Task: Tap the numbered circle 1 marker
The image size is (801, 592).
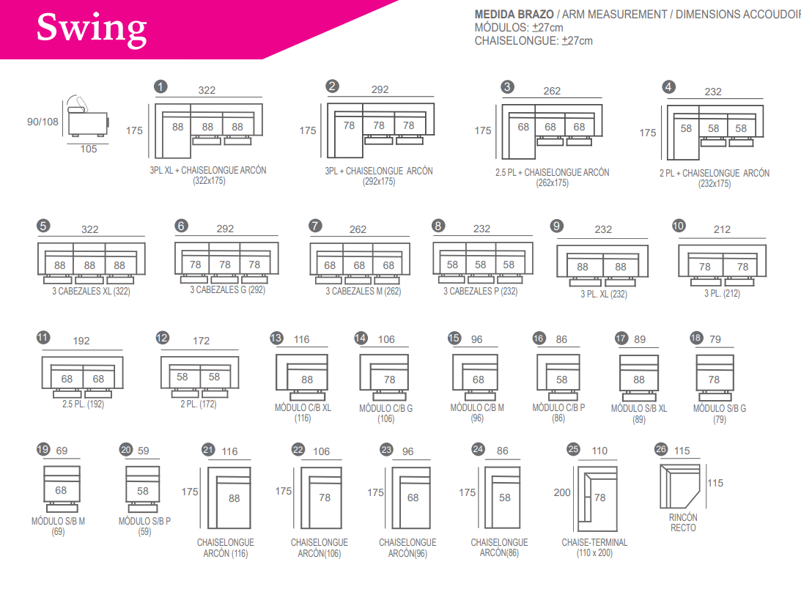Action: pyautogui.click(x=160, y=86)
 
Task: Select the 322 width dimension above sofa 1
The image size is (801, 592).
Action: pyautogui.click(x=207, y=90)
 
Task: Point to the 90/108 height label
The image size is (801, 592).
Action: pyautogui.click(x=43, y=122)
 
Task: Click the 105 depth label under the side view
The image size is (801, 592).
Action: pyautogui.click(x=89, y=149)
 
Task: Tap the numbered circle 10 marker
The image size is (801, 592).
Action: pyautogui.click(x=679, y=226)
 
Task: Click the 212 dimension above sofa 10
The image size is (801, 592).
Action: pyautogui.click(x=722, y=229)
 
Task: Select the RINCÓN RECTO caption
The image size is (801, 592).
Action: pyautogui.click(x=683, y=522)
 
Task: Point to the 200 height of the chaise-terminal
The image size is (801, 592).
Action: pyautogui.click(x=562, y=492)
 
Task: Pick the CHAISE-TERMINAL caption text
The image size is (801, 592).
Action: pyautogui.click(x=594, y=542)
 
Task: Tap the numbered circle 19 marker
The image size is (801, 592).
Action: pyautogui.click(x=43, y=450)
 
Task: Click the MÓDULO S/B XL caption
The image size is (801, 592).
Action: pyautogui.click(x=639, y=408)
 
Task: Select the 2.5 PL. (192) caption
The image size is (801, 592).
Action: pyautogui.click(x=82, y=403)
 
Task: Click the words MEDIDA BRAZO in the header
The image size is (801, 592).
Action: pyautogui.click(x=514, y=14)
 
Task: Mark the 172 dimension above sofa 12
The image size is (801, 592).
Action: pyautogui.click(x=201, y=341)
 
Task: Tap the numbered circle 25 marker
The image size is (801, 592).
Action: pyautogui.click(x=574, y=449)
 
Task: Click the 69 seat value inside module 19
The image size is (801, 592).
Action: pyautogui.click(x=61, y=490)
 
